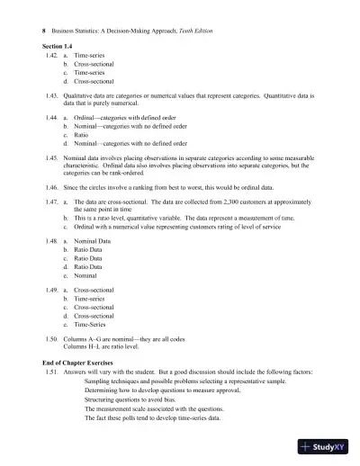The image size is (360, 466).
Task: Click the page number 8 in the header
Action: (x=45, y=31)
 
